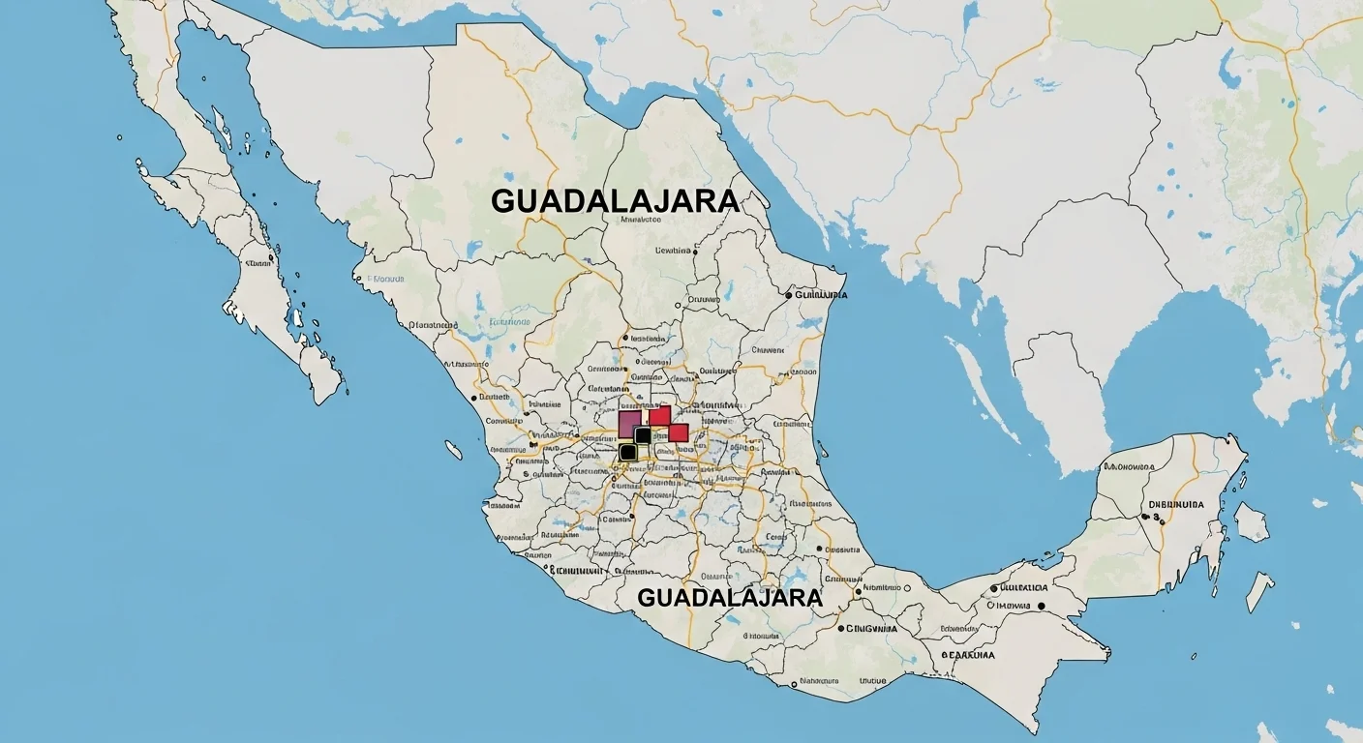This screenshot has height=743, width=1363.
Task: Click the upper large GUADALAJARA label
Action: point(615,201)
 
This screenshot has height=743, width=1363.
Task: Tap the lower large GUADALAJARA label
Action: point(730,597)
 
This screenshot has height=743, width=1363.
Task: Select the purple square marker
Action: point(629,423)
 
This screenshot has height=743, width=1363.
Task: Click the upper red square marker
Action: point(659,416)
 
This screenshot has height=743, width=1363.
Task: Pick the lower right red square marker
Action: point(679,432)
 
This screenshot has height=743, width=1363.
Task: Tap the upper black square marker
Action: point(643,435)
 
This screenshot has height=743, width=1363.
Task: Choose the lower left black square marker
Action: point(627,451)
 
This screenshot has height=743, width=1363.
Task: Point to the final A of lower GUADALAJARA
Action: point(813,597)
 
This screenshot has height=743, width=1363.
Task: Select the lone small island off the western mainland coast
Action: point(452,449)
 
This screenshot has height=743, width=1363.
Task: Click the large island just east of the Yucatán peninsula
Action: point(1250,522)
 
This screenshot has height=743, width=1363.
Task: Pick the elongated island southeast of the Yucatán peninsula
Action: point(1259,591)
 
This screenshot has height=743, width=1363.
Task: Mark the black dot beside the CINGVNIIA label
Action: point(840,628)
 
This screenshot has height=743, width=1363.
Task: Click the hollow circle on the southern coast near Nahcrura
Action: point(794,684)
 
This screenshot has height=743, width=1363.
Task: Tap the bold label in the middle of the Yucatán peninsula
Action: point(1175,504)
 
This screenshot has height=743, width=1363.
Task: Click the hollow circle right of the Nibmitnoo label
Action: point(907,587)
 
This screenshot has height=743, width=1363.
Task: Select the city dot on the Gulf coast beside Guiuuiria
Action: point(789,294)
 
